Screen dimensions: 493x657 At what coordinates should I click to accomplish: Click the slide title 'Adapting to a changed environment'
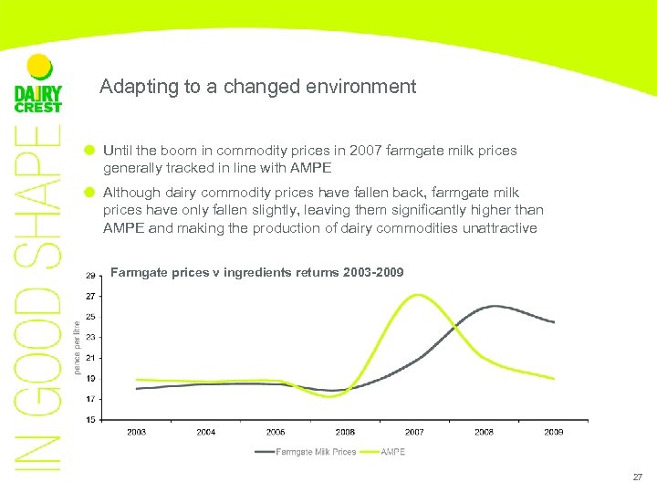point(257,87)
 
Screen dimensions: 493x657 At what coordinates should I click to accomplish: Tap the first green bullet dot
point(89,150)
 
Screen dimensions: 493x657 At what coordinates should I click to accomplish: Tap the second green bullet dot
point(89,193)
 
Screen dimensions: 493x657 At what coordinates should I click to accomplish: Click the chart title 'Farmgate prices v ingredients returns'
point(255,272)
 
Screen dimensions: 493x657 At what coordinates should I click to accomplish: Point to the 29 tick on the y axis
point(90,276)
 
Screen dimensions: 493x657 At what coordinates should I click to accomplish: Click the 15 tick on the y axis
point(90,420)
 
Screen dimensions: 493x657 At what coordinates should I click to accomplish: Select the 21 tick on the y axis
point(90,358)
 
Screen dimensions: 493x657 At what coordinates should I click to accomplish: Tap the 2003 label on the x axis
point(136,432)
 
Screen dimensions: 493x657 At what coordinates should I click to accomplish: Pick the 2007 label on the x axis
point(414,432)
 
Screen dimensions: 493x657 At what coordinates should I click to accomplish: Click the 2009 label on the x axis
point(553,432)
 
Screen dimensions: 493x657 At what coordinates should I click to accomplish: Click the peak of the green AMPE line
point(417,295)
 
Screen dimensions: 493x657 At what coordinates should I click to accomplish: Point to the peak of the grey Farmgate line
point(494,306)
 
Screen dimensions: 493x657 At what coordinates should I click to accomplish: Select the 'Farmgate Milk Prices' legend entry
point(306,452)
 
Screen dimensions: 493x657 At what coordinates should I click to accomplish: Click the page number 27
point(636,477)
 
